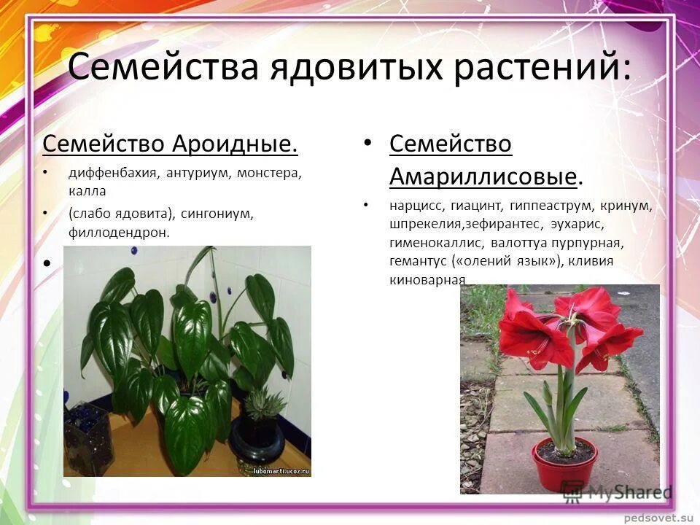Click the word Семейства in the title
163,67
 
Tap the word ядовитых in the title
353,67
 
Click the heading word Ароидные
235,144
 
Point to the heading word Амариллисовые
483,176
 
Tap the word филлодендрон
119,233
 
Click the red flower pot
564,463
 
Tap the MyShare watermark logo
617,491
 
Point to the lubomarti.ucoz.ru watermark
281,471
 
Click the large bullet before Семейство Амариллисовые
368,142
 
